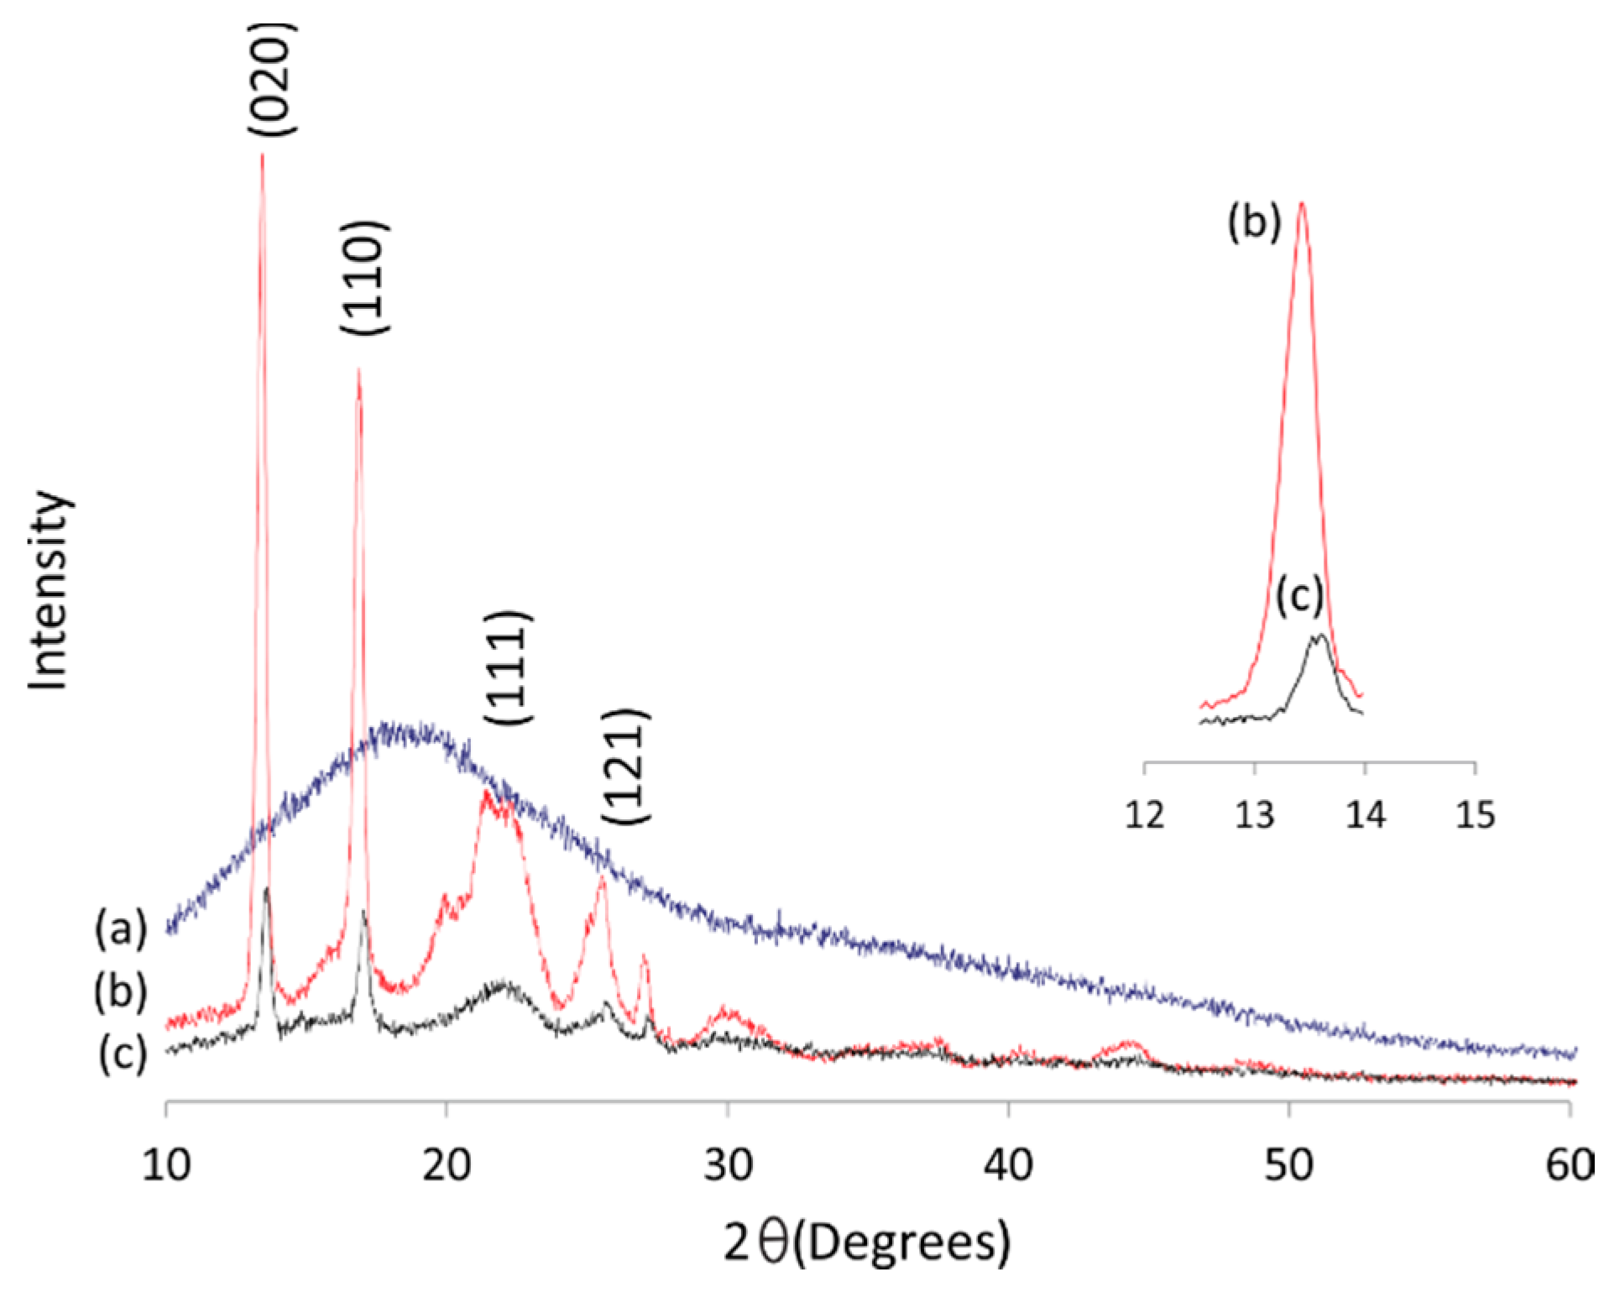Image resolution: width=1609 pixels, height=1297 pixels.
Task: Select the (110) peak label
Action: pyautogui.click(x=364, y=278)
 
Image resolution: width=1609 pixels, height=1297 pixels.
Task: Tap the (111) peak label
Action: pyautogui.click(x=508, y=667)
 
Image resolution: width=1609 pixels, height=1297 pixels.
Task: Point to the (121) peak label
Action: pyautogui.click(x=626, y=766)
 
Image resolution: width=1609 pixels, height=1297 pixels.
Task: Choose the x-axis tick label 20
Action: pyautogui.click(x=447, y=1165)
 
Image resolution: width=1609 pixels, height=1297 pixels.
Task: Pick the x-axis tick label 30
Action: pyautogui.click(x=728, y=1165)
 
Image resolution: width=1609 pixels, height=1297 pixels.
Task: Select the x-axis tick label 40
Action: pyautogui.click(x=1008, y=1165)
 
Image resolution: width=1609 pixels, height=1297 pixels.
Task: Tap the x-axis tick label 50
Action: pyautogui.click(x=1289, y=1165)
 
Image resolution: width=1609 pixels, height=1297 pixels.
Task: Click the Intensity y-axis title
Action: pyautogui.click(x=48, y=591)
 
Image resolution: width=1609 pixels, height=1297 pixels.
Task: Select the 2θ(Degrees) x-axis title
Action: pyautogui.click(x=867, y=1242)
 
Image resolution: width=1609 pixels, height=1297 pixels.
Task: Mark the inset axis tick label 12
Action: pyautogui.click(x=1144, y=814)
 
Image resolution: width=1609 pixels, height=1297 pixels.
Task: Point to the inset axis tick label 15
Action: pyautogui.click(x=1476, y=814)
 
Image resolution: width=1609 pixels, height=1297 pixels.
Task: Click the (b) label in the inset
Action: pyautogui.click(x=1254, y=223)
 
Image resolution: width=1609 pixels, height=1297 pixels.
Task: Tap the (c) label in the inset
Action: pyautogui.click(x=1299, y=597)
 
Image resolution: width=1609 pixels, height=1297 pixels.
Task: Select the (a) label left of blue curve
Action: pyautogui.click(x=121, y=929)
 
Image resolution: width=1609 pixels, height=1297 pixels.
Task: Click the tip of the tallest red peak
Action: pyautogui.click(x=263, y=155)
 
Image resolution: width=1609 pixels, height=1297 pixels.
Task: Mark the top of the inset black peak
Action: pyautogui.click(x=1320, y=635)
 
